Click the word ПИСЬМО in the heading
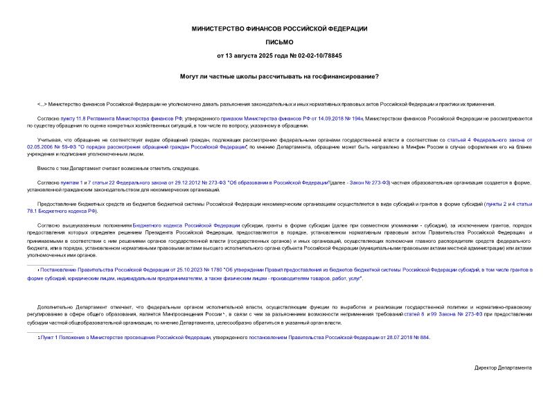tap(279, 42)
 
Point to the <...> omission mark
tap(42, 103)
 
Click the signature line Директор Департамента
tap(503, 367)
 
